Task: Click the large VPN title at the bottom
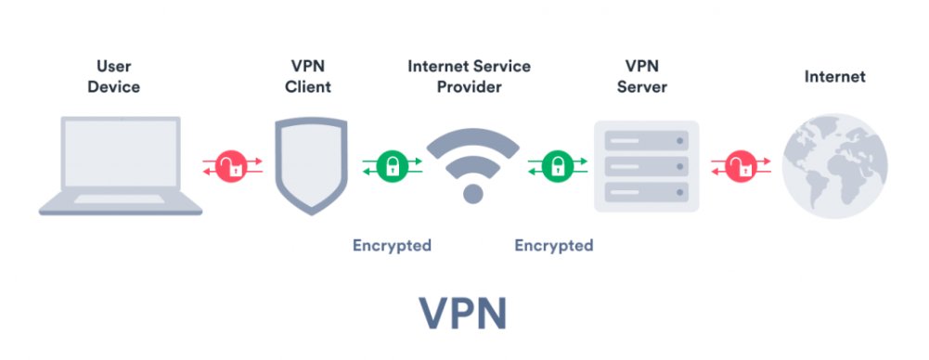463,313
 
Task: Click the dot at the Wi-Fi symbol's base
472,193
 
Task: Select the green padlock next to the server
554,167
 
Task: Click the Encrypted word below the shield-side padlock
391,246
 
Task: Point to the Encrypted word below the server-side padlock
554,246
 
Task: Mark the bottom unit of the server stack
646,193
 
